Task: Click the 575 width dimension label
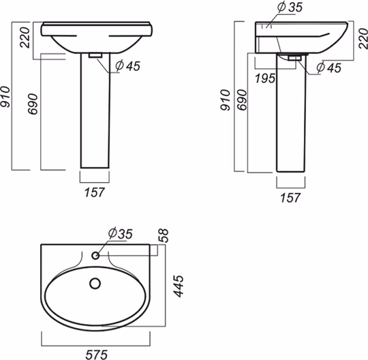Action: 97,355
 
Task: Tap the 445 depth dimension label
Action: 178,286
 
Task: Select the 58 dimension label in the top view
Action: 164,235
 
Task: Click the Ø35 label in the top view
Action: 121,233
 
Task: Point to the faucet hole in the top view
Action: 95,256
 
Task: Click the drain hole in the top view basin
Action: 95,284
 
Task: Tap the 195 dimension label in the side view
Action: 265,78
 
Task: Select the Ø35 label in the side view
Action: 290,7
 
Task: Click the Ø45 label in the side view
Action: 328,67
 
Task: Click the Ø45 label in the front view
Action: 128,65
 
